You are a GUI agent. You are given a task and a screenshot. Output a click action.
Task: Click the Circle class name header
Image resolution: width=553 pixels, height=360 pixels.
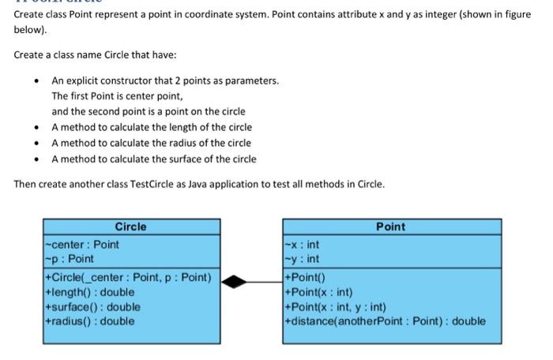(130, 227)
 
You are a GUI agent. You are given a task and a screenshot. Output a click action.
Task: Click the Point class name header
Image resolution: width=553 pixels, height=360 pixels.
(390, 227)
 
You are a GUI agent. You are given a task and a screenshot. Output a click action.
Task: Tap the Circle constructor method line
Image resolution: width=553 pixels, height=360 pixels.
(129, 277)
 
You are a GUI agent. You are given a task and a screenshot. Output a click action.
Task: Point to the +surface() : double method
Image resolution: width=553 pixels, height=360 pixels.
(94, 306)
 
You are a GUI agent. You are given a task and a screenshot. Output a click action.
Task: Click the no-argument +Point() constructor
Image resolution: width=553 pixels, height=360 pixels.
(305, 277)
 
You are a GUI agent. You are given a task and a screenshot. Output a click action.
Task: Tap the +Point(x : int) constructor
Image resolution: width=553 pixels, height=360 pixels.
(318, 292)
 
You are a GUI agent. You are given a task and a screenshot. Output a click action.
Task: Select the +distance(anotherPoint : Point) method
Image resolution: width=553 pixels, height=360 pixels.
(386, 321)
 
